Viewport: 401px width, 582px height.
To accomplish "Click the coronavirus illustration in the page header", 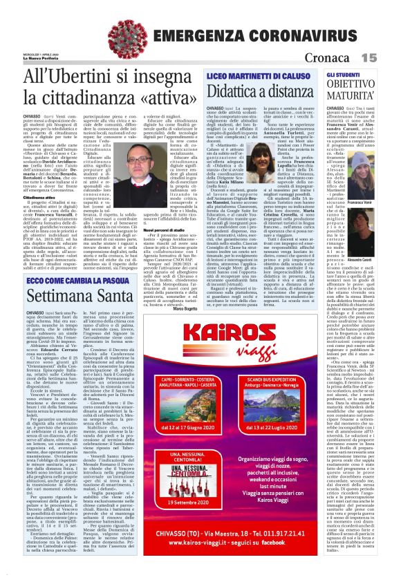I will click(132, 30).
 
